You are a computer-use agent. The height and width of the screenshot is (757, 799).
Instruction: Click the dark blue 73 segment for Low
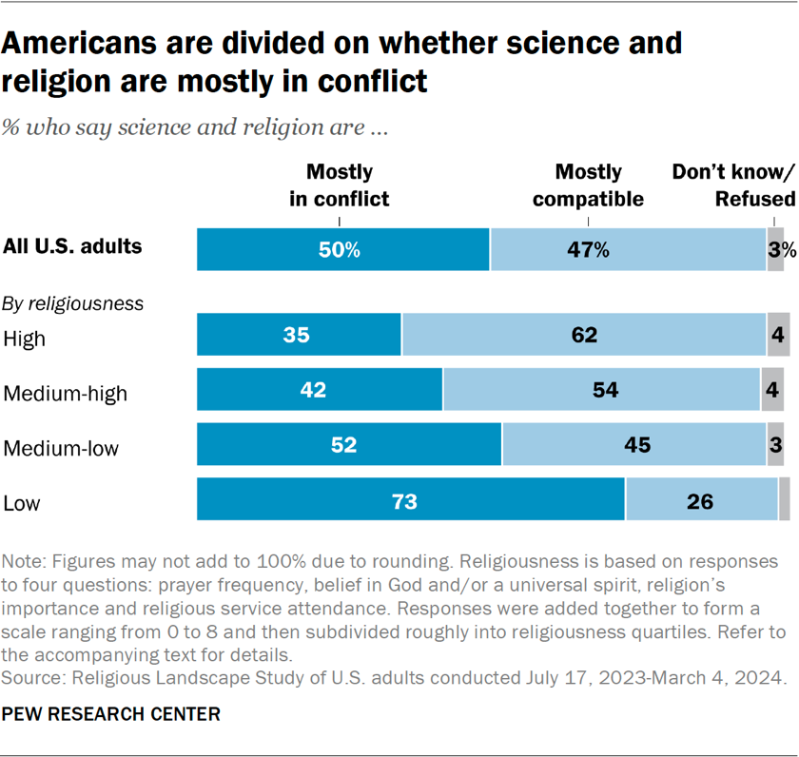click(x=411, y=500)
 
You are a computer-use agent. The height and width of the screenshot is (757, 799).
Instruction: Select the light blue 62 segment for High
click(x=584, y=335)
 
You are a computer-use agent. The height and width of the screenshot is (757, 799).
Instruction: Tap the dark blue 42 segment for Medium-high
click(x=320, y=390)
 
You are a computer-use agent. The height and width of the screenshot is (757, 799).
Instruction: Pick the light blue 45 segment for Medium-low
click(x=634, y=445)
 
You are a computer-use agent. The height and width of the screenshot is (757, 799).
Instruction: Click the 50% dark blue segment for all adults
click(x=342, y=250)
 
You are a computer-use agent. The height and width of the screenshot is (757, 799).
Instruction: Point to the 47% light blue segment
click(x=628, y=250)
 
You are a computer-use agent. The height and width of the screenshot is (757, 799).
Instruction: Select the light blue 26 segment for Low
click(x=701, y=500)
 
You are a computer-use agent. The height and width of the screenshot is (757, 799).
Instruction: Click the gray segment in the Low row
click(x=784, y=500)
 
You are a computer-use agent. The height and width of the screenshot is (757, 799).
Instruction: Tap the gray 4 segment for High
click(x=778, y=335)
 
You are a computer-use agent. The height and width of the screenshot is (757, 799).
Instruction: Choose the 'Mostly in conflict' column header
click(x=340, y=185)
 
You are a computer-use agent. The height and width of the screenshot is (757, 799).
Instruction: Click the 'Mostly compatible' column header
click(x=588, y=185)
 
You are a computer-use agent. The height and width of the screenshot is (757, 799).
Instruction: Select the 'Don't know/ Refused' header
click(x=733, y=185)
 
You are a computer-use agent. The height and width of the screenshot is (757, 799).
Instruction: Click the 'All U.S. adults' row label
click(x=72, y=246)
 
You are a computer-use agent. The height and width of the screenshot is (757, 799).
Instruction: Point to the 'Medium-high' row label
click(x=65, y=392)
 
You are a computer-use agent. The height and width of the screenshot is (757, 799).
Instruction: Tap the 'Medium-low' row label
click(x=62, y=447)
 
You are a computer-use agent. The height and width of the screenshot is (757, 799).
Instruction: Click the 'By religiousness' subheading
click(x=73, y=304)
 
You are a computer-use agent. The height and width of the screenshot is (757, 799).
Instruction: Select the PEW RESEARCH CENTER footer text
click(x=112, y=713)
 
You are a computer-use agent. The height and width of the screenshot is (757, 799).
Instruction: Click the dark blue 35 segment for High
click(x=299, y=335)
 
